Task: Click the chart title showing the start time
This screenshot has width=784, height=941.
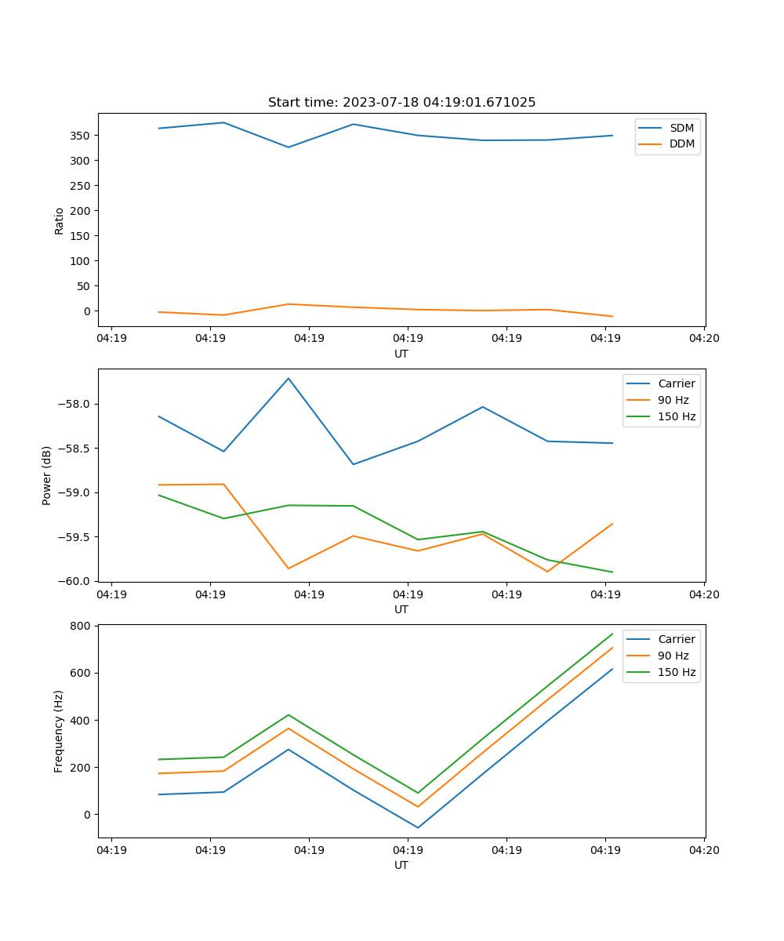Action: point(401,103)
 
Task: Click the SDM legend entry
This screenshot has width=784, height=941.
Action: point(681,128)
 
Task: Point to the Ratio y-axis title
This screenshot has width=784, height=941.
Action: point(60,220)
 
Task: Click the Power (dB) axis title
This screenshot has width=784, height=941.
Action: point(47,475)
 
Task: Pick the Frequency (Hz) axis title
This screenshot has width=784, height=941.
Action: point(59,732)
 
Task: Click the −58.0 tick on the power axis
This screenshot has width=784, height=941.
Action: point(76,405)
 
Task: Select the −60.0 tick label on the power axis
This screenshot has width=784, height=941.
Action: point(76,581)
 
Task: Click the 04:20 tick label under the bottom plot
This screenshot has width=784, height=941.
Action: point(704,849)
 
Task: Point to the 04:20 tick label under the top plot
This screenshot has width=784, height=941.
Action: point(704,338)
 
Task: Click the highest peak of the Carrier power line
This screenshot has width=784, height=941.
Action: point(289,379)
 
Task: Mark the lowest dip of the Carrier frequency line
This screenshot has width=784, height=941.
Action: point(418,827)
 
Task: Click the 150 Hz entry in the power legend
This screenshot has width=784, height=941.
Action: point(677,416)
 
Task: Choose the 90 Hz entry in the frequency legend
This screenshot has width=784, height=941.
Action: point(673,656)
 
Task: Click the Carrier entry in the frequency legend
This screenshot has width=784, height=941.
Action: point(676,639)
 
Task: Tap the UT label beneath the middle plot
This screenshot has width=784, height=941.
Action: point(401,609)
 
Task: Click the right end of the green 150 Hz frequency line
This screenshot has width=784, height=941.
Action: point(612,634)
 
